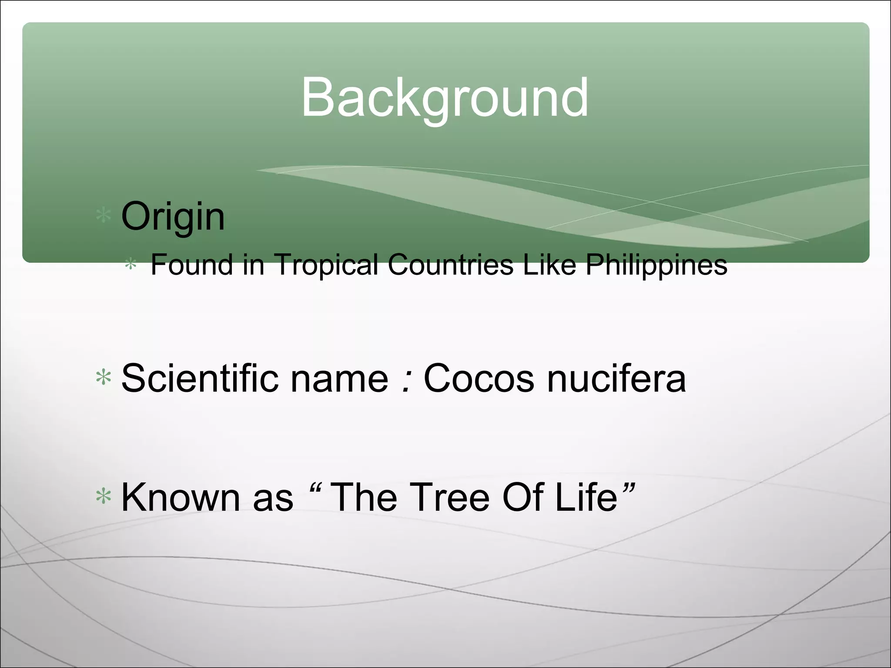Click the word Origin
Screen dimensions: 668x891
173,217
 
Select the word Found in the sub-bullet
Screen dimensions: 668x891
191,264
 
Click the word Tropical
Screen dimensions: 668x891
326,265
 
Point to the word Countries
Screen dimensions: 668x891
450,264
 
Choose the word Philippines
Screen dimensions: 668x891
656,265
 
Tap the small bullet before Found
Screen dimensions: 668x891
131,264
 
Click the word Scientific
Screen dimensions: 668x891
200,378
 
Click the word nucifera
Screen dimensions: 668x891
616,378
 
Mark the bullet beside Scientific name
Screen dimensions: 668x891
104,377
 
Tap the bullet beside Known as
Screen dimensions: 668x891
104,496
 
